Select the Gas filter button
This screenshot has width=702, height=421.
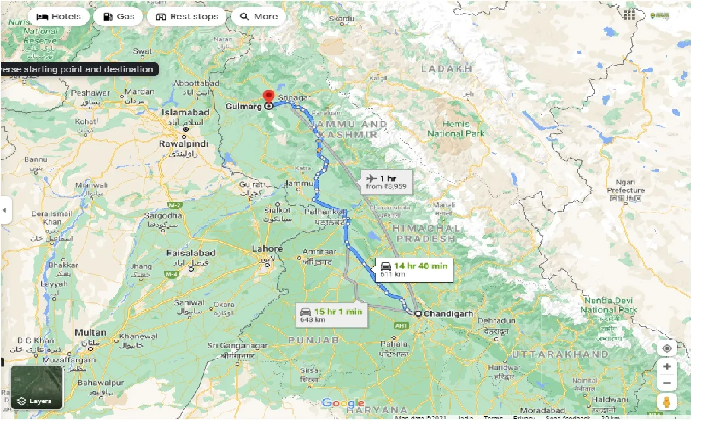118,16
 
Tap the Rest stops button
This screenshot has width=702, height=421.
187,16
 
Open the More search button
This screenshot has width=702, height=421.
259,16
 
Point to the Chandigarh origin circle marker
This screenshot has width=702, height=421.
418,314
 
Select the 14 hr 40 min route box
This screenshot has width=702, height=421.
413,270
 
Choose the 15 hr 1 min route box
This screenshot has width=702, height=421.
331,315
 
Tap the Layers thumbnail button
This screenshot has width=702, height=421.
37,387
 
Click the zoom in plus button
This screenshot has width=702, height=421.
666,366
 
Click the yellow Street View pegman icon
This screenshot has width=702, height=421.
666,402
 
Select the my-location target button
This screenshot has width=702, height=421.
666,349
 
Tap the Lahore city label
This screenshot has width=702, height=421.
267,249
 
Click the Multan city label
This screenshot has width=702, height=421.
91,332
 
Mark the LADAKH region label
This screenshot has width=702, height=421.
446,69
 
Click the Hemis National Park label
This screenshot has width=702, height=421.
456,129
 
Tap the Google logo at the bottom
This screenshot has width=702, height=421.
343,403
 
